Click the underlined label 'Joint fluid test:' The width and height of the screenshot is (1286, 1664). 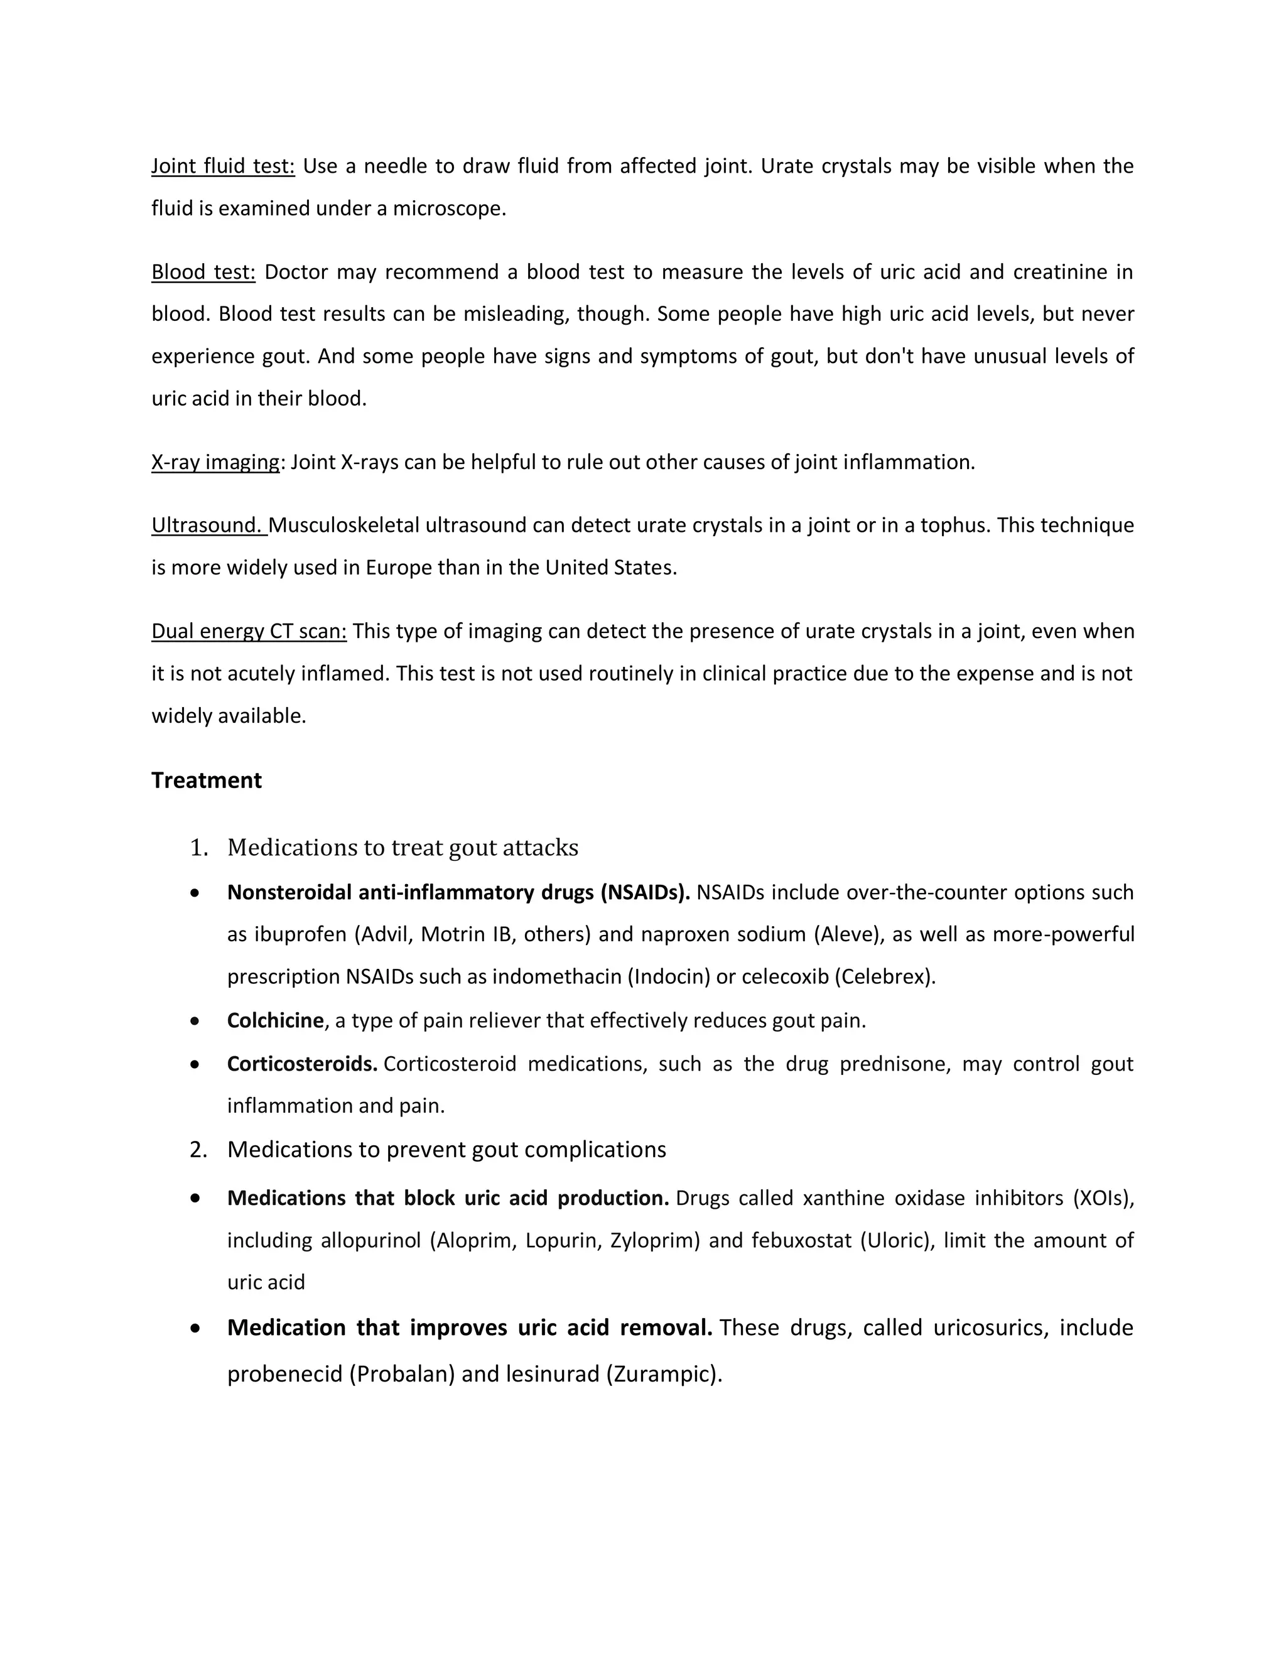point(222,166)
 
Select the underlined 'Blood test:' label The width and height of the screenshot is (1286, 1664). point(203,272)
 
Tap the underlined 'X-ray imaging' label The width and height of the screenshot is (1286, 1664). point(215,462)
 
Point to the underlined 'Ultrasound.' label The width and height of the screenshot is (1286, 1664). point(208,525)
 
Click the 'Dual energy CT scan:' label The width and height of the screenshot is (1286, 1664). point(249,631)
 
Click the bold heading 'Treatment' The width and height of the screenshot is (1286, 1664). point(207,780)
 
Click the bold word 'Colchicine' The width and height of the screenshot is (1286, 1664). point(275,1020)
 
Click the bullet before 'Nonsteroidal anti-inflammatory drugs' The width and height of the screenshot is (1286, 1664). point(196,892)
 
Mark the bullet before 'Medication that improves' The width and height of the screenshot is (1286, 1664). point(196,1328)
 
